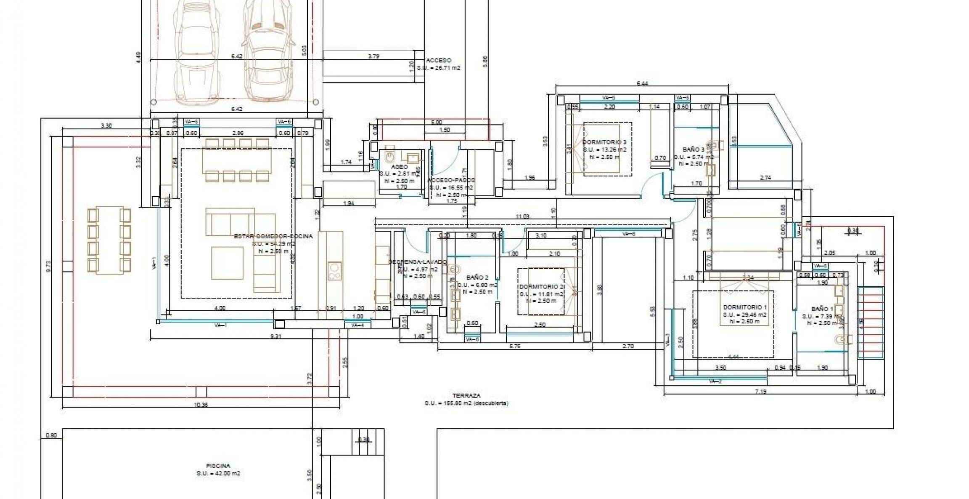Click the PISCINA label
pos(218,466)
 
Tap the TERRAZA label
pos(466,396)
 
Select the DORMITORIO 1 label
pos(745,307)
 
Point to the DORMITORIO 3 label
pos(604,142)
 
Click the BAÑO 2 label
pos(477,278)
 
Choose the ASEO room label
pos(399,167)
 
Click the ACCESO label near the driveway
pos(439,61)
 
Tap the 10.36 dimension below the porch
pos(200,405)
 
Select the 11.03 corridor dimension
pos(522,216)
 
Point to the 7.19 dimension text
pos(760,392)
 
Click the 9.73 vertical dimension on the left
pos(48,267)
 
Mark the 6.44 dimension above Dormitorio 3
pos(642,83)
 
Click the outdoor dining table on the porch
pos(109,240)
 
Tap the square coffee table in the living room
pos(227,263)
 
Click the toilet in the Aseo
pos(389,157)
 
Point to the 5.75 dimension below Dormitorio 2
pos(515,346)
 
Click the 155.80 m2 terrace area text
pos(466,403)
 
